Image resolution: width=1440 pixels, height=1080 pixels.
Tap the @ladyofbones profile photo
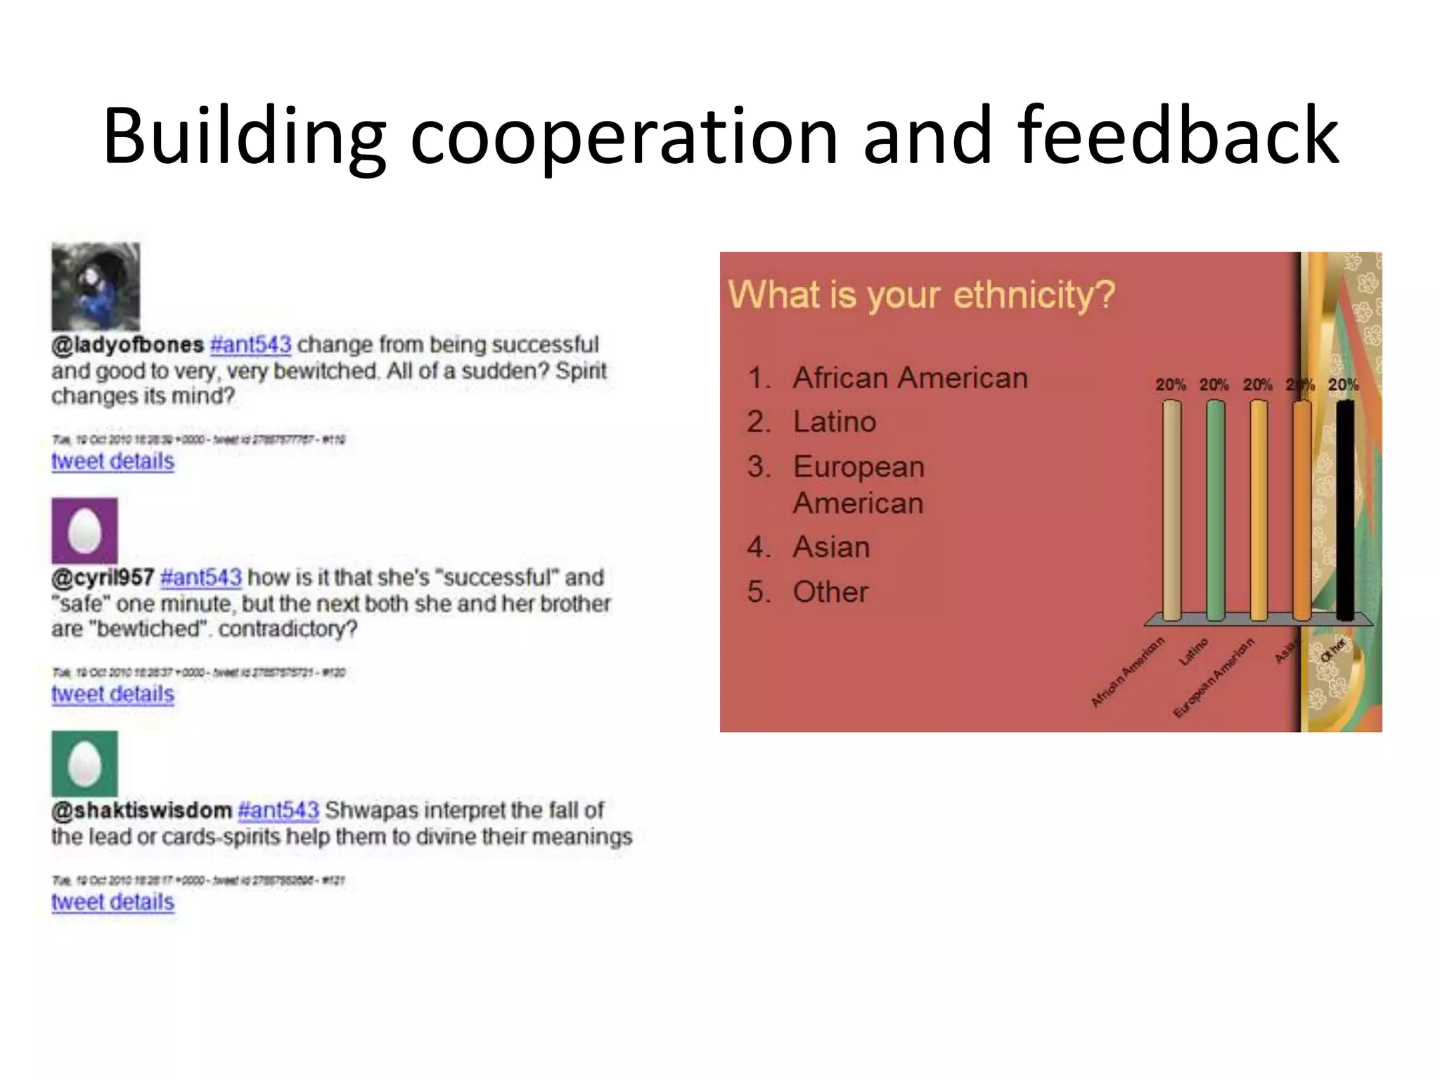pyautogui.click(x=96, y=286)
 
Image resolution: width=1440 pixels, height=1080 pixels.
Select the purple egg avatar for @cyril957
pyautogui.click(x=84, y=531)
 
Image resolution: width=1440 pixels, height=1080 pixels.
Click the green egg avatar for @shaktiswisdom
pyautogui.click(x=84, y=764)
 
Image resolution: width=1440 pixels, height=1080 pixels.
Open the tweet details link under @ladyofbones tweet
pyautogui.click(x=112, y=461)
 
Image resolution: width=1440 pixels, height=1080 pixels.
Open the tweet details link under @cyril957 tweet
pyautogui.click(x=112, y=694)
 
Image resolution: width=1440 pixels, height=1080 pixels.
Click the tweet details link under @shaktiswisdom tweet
pyautogui.click(x=112, y=902)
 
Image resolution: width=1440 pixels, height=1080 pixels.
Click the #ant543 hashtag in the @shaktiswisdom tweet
pyautogui.click(x=278, y=810)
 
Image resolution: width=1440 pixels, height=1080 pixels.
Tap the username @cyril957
pyautogui.click(x=103, y=577)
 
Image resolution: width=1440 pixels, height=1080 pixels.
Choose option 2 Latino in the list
pyautogui.click(x=834, y=422)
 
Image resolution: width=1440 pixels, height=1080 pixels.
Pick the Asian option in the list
pyautogui.click(x=831, y=547)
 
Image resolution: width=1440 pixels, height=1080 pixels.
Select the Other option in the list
pyautogui.click(x=830, y=592)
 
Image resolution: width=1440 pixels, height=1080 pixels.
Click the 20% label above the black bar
pyautogui.click(x=1343, y=385)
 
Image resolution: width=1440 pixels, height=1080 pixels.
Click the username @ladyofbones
pyautogui.click(x=127, y=345)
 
